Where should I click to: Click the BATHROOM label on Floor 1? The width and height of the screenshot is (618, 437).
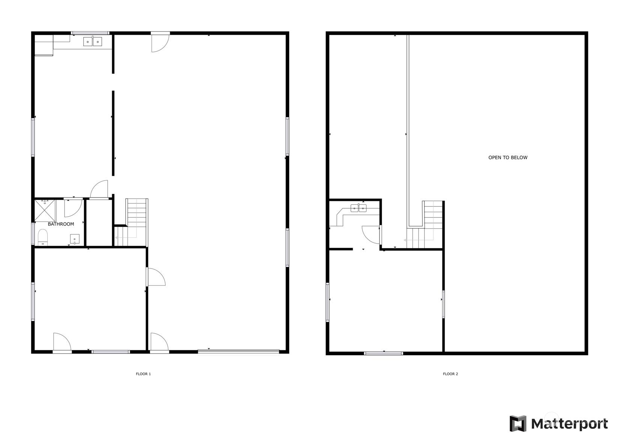click(61, 224)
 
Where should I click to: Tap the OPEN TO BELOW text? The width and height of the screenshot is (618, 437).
click(508, 157)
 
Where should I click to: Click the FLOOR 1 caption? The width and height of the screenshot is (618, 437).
click(143, 374)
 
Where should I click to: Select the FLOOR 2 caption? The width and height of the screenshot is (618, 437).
click(450, 374)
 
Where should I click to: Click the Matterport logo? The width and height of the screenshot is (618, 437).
click(558, 423)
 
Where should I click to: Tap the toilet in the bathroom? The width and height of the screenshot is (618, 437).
click(43, 237)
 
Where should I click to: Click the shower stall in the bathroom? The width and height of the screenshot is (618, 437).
click(45, 210)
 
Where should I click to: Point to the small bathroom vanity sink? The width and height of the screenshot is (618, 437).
click(75, 239)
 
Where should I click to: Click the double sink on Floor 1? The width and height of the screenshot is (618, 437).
click(93, 41)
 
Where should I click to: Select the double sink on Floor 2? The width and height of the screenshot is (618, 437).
click(358, 208)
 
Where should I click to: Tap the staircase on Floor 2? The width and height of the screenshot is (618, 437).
click(425, 225)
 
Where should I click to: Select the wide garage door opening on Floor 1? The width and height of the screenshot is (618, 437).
click(239, 351)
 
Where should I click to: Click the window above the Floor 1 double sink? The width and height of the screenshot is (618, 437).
click(90, 33)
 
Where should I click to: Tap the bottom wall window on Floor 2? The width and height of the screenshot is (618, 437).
click(383, 353)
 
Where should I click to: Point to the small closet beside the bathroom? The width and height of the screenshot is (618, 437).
click(99, 223)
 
